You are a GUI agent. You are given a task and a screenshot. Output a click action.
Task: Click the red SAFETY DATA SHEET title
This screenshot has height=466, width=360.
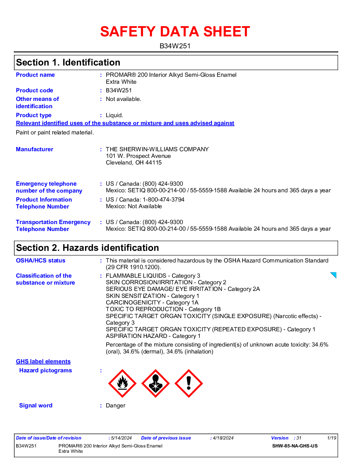click(x=175, y=32)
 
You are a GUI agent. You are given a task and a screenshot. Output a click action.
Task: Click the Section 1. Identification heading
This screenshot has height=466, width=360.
click(x=68, y=63)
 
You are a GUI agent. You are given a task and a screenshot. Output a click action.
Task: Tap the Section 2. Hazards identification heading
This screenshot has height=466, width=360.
click(x=87, y=248)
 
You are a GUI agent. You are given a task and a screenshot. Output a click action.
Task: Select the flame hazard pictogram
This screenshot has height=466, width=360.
click(x=122, y=384)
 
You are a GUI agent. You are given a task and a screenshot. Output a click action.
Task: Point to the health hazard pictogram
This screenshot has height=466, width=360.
click(x=156, y=384)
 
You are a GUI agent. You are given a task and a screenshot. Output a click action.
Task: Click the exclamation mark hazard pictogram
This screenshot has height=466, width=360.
click(x=189, y=384)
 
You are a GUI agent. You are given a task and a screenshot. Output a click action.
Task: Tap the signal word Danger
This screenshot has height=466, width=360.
click(x=115, y=406)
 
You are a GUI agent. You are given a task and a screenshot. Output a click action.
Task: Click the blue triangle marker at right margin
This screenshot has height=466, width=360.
click(x=334, y=275)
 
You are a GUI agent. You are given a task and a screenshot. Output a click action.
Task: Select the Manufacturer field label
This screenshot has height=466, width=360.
click(x=34, y=149)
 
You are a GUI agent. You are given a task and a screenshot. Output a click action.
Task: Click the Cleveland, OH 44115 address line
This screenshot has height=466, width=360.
click(x=134, y=163)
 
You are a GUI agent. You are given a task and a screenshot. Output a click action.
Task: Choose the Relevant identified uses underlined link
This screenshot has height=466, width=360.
click(x=125, y=123)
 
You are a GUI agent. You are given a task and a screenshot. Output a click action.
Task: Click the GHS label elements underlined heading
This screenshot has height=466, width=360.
click(x=43, y=361)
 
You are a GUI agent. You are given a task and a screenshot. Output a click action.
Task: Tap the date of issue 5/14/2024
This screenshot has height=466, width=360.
click(x=121, y=438)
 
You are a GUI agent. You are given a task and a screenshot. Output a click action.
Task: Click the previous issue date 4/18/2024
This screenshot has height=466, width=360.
click(x=223, y=438)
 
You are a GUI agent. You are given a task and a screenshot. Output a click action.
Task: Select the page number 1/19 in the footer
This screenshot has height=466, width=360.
click(x=332, y=438)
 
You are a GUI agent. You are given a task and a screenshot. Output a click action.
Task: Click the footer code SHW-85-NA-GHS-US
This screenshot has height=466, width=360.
click(x=295, y=446)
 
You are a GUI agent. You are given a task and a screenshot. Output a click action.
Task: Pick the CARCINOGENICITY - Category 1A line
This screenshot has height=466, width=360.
click(x=152, y=303)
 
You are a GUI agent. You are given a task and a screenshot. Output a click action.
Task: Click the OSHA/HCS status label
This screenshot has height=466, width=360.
click(x=41, y=260)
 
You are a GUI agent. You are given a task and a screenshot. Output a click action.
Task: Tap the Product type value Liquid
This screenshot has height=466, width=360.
click(x=114, y=115)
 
